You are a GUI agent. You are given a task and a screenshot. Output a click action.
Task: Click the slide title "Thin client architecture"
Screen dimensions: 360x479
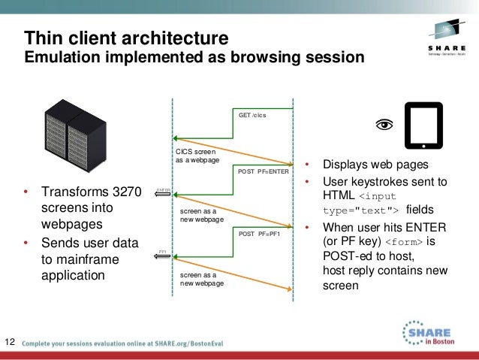pyautogui.click(x=126, y=37)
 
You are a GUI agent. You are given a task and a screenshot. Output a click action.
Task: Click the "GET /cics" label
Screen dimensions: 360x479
pyautogui.click(x=252, y=115)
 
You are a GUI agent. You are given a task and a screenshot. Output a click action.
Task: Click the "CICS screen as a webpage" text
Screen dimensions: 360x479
pyautogui.click(x=195, y=156)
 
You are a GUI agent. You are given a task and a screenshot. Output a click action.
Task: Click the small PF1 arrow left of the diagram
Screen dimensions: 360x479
pyautogui.click(x=163, y=256)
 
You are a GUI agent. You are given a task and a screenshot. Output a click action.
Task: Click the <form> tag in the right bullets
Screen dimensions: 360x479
pyautogui.click(x=404, y=243)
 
